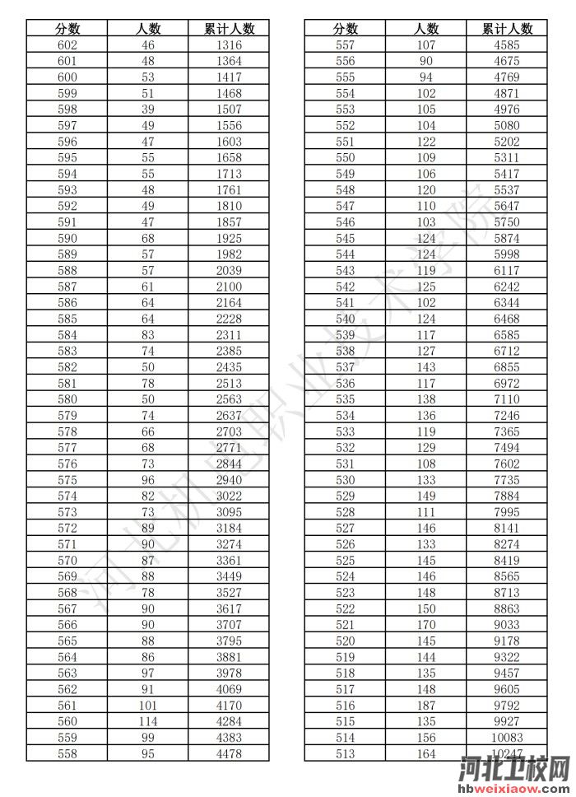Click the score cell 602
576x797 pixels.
tap(67, 45)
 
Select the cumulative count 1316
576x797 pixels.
tap(229, 45)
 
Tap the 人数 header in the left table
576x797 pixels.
tap(148, 29)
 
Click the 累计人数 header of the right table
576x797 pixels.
tap(507, 29)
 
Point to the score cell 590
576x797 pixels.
tap(67, 238)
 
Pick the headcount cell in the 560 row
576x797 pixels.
tap(148, 720)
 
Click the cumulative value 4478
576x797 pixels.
tap(229, 753)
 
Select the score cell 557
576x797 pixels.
tap(346, 45)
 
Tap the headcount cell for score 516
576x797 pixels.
tap(426, 705)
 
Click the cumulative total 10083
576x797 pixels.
tap(507, 737)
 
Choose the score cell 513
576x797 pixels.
tap(346, 753)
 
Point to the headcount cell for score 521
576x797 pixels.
tap(426, 624)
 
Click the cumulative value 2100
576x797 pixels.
tap(229, 287)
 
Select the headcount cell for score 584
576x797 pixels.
tap(148, 335)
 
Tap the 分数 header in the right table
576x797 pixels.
tap(346, 29)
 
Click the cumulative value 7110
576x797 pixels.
tap(507, 399)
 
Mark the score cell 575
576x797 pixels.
tap(67, 480)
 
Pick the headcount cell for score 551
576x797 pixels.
tap(426, 142)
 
